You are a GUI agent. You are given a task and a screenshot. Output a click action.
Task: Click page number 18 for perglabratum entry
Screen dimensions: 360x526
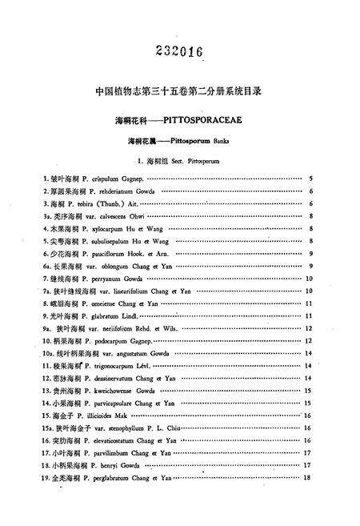coord(306,478)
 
